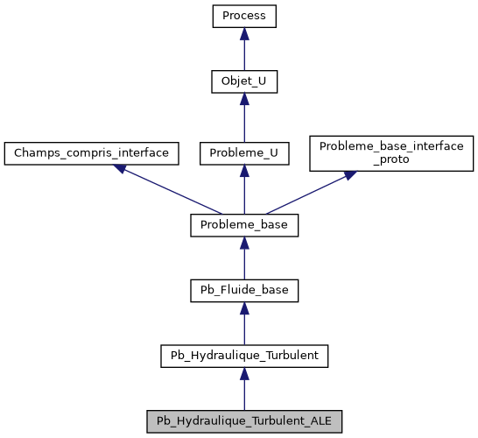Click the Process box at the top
click(x=244, y=16)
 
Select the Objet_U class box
click(x=244, y=82)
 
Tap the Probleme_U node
click(x=244, y=153)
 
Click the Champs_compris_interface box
click(x=91, y=153)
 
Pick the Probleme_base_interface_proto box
click(x=390, y=152)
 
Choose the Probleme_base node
click(x=244, y=225)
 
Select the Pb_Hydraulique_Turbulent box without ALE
click(x=244, y=356)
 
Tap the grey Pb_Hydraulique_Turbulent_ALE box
click(x=244, y=420)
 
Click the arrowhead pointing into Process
click(x=244, y=32)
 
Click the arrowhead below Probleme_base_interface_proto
click(x=349, y=175)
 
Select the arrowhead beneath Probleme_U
click(x=244, y=171)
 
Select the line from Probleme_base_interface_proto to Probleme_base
click(x=306, y=194)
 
